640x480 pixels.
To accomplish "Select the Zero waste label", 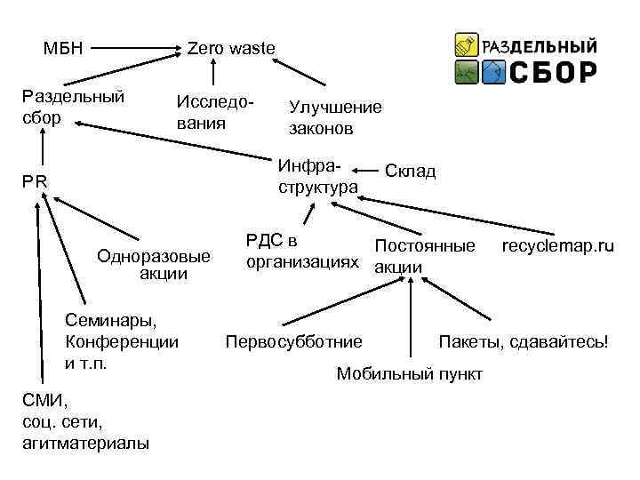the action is tap(231, 47).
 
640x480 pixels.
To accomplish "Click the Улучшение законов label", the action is tap(334, 117).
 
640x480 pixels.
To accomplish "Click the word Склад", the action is tap(411, 171).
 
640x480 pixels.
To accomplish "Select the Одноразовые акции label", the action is tap(156, 264).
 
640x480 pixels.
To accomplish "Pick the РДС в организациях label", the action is tap(303, 251).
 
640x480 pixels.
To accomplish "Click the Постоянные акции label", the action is tap(424, 255).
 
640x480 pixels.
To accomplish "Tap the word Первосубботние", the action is tap(294, 341).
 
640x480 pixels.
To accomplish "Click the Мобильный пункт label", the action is tap(409, 373).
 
